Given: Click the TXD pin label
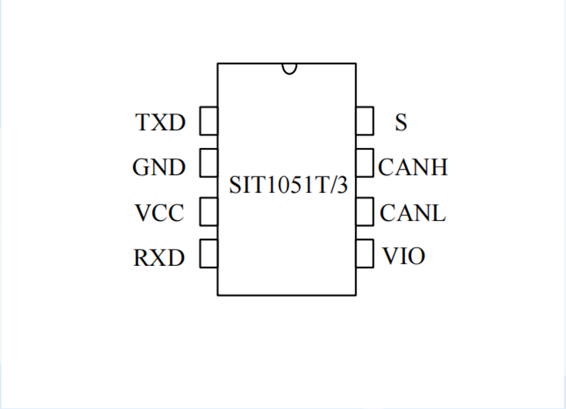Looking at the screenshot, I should [161, 123].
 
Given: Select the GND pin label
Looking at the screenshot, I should [160, 168].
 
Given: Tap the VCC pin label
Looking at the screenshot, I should [160, 213].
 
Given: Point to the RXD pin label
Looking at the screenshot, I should [160, 258].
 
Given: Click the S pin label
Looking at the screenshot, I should [401, 123].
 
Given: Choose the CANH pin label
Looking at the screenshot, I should [413, 167].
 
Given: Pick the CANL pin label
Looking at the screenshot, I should [413, 213].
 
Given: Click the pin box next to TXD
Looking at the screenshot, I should [209, 121].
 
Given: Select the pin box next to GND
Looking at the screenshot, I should [209, 164].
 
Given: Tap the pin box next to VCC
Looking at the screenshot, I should [209, 211].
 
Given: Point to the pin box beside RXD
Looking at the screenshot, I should [209, 253].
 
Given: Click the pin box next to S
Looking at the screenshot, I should [365, 121].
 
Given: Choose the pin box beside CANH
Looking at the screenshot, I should [365, 164].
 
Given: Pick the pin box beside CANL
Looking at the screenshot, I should [365, 211].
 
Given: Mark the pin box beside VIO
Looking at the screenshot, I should [365, 253].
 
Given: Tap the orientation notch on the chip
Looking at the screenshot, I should [289, 68].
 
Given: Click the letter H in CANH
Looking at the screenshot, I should [438, 167].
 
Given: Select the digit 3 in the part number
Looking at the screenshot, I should [341, 185].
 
